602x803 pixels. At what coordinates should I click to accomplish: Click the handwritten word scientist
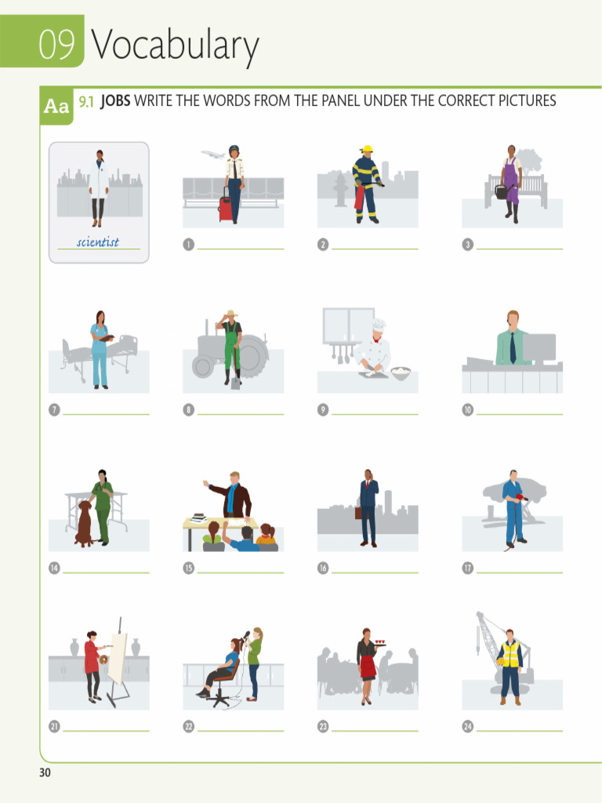[98, 242]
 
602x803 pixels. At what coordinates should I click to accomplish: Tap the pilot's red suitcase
[226, 209]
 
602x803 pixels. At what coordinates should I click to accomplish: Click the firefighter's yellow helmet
[366, 148]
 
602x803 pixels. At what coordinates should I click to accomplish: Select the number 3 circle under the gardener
[468, 245]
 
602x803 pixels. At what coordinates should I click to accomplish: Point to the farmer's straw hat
[230, 314]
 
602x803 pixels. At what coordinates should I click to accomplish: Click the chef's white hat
[379, 325]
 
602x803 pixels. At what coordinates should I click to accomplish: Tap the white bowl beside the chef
[401, 372]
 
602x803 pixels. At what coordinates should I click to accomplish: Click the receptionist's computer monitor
[539, 347]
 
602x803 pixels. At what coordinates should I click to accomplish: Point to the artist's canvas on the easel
[117, 657]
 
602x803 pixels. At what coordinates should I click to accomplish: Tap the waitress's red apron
[368, 667]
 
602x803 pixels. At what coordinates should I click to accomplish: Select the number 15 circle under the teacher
[188, 568]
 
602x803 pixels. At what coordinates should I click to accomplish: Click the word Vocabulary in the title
[174, 46]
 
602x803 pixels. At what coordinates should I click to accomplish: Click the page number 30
[45, 773]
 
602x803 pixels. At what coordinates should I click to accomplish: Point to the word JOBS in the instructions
[115, 101]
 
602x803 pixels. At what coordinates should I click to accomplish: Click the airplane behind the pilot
[213, 154]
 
